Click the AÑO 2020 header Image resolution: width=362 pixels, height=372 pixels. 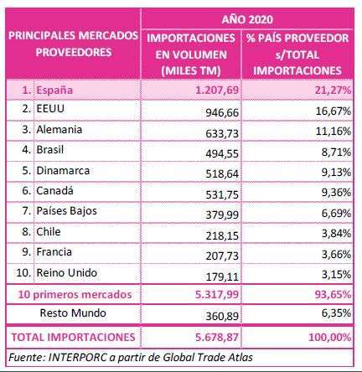[247, 19]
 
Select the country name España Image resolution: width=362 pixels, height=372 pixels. [54, 90]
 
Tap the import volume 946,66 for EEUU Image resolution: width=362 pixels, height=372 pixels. [222, 112]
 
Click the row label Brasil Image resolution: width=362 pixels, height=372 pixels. [50, 149]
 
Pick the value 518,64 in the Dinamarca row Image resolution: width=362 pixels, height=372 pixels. [222, 173]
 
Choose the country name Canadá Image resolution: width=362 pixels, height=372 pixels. [54, 191]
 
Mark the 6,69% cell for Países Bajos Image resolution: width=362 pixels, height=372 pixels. [335, 214]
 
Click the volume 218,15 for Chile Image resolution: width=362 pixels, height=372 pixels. [222, 236]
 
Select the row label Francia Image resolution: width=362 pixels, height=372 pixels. [54, 252]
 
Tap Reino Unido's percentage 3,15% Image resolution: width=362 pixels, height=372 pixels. [335, 275]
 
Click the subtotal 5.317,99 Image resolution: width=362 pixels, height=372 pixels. [217, 294]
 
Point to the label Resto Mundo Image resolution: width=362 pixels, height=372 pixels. [73, 313]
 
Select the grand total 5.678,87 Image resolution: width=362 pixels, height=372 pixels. [217, 337]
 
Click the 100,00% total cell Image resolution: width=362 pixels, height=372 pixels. [329, 337]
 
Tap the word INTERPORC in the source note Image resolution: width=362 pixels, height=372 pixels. [77, 357]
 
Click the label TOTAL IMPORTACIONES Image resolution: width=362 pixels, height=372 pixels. [73, 337]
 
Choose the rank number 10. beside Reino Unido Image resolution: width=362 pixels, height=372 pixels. [23, 273]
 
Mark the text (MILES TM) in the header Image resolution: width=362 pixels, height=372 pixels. [191, 70]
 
